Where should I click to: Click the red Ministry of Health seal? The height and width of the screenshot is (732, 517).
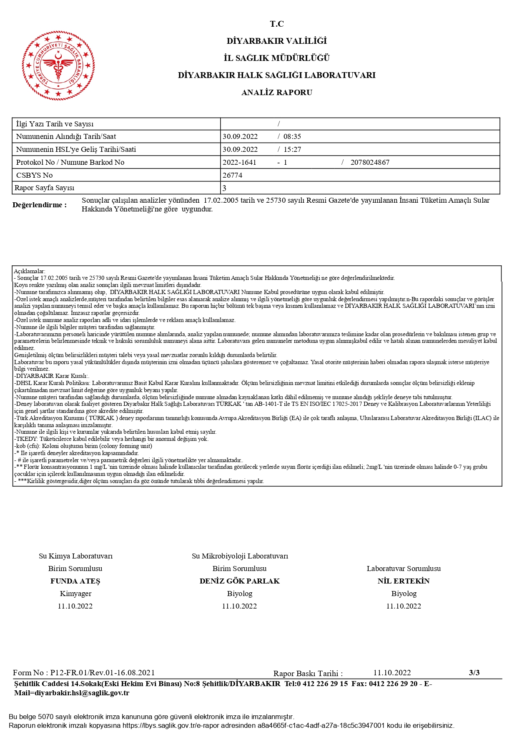(58, 65)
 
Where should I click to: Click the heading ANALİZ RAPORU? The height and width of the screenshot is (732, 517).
(276, 92)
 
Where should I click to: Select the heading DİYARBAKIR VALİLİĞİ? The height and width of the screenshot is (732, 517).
(276, 41)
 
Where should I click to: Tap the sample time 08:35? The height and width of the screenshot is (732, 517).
(292, 136)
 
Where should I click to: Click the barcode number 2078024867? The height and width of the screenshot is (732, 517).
(370, 162)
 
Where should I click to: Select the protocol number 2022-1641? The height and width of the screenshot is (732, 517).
(239, 162)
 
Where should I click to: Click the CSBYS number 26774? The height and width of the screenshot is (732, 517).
(232, 175)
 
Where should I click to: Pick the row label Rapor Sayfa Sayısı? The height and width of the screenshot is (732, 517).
(45, 188)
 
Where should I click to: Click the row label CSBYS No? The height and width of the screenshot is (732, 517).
(34, 175)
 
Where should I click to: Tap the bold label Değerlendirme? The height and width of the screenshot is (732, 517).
(40, 205)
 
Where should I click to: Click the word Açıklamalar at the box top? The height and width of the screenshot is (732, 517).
(30, 271)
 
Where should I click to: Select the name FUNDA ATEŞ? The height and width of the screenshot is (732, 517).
(75, 581)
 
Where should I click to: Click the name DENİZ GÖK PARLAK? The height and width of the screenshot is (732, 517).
(239, 581)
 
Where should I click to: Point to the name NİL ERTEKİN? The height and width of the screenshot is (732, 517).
(403, 581)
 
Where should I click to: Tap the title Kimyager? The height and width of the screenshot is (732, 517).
(75, 594)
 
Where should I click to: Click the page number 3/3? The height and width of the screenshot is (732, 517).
(474, 672)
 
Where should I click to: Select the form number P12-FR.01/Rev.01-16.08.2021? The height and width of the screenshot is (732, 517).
(103, 672)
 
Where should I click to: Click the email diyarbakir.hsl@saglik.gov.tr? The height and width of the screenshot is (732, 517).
(82, 693)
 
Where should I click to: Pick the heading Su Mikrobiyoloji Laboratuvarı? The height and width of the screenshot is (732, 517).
(240, 556)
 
